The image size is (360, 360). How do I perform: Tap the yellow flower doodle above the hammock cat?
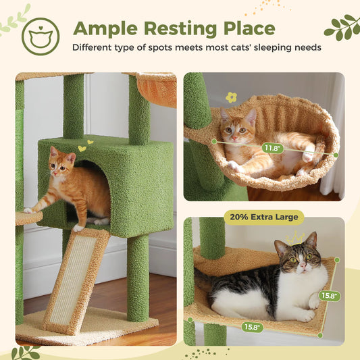[x=232, y=97]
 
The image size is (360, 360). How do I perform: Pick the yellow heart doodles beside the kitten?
[x=82, y=147]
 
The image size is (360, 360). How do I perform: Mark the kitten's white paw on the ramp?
[x=77, y=228]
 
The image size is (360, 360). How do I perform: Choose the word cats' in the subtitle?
[x=230, y=48]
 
